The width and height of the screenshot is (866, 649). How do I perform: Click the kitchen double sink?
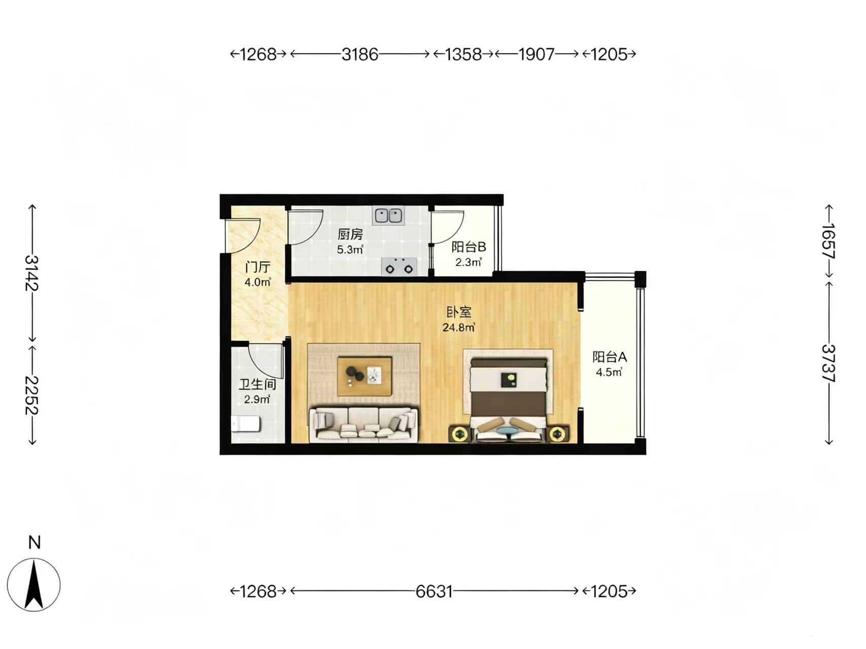point(388,215)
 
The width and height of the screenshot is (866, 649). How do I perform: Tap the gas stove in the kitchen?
point(399,266)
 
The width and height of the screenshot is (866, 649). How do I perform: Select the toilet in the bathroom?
point(246,423)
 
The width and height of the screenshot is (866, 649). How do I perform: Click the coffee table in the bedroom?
point(364,376)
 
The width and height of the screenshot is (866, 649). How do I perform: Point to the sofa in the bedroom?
point(363,424)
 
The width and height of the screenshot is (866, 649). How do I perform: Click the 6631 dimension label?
point(434,591)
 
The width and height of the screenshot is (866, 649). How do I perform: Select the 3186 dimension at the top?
point(359,54)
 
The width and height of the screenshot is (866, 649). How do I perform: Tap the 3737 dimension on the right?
point(828,363)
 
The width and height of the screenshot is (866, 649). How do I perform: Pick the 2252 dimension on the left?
point(32,395)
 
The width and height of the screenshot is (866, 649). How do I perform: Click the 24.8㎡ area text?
point(458,327)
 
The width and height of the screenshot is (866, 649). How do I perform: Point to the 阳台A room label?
point(610,357)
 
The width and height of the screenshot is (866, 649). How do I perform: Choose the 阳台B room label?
point(469,247)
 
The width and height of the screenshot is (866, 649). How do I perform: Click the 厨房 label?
point(351,234)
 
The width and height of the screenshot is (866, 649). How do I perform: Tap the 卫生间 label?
point(257,384)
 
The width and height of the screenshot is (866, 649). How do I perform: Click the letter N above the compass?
point(34,543)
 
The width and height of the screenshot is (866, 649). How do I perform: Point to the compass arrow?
point(34,584)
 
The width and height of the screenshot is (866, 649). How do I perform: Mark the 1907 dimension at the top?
point(536,54)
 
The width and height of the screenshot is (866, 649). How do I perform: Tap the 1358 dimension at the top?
point(463,54)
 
